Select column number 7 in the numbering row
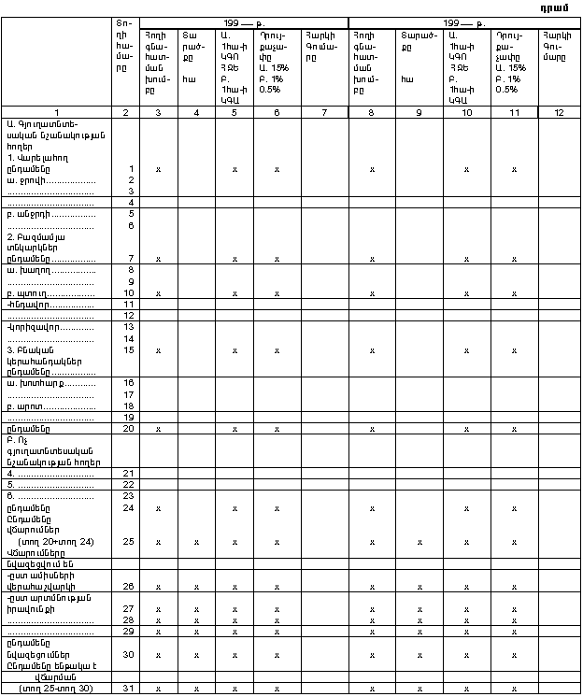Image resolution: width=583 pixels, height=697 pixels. coord(323,112)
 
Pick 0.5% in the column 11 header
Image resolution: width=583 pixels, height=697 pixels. coord(506,90)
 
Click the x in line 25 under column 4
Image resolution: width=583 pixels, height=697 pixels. coord(195,541)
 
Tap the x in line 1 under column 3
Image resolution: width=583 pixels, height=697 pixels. coord(159,168)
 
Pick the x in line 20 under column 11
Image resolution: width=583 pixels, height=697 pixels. coord(514,429)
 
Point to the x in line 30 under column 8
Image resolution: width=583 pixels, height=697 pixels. coord(372,654)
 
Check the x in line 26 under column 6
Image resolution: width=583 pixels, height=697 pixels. coord(277,586)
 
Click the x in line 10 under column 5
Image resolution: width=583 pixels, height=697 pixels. coord(234,292)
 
